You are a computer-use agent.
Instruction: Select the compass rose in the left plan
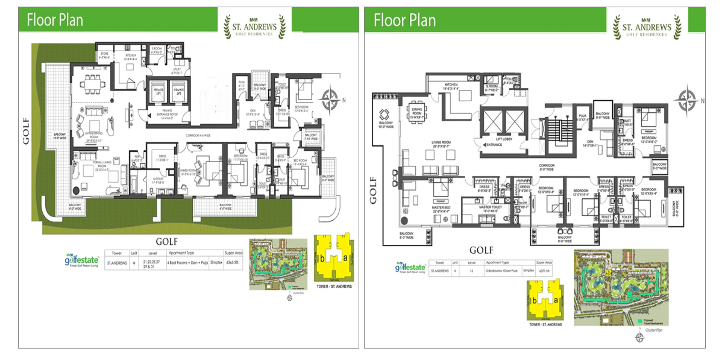330,100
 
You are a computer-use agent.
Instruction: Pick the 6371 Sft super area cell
545,271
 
